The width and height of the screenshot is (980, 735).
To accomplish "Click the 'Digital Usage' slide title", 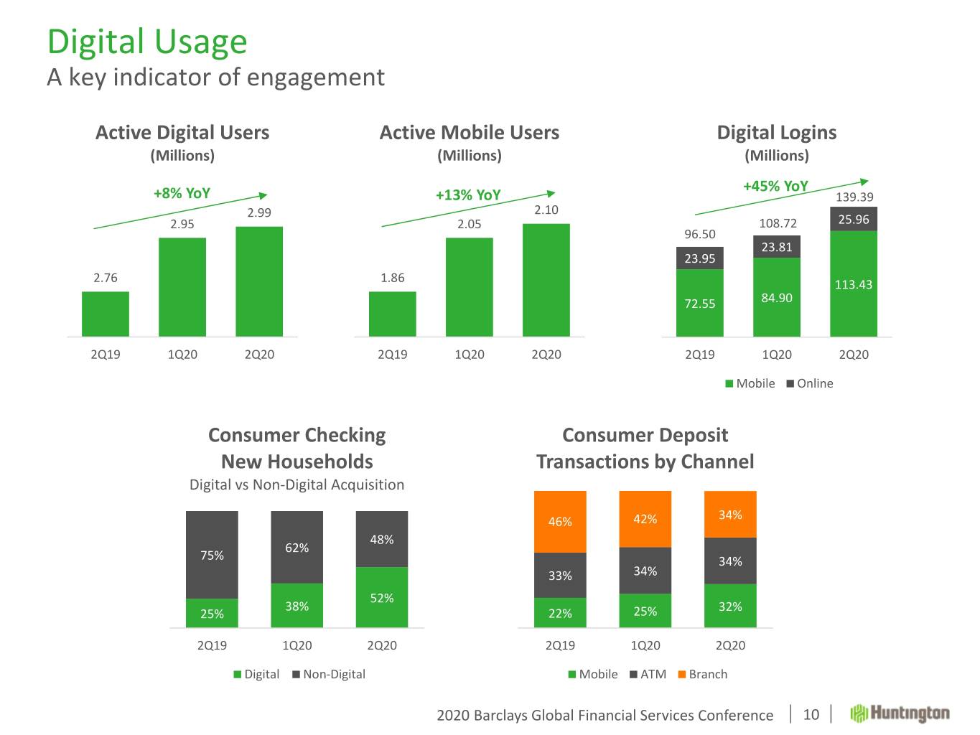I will point(147,42).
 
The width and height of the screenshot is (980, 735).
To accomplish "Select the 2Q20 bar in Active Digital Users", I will point(259,281).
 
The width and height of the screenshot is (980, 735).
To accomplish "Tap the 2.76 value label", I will point(106,278).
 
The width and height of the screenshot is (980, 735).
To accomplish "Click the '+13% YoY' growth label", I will point(468,195).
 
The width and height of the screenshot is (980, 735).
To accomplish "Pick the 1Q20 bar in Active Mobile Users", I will point(470,286).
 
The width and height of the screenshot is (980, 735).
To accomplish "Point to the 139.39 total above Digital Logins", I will point(854,197).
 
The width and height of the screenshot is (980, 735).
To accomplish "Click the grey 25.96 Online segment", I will point(854,220).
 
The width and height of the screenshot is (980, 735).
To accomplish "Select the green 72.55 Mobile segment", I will point(700,303).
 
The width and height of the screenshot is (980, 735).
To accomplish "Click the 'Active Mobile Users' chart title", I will point(470,133).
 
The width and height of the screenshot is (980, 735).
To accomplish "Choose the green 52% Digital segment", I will point(382,597).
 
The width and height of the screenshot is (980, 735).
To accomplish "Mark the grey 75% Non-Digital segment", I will point(212,555).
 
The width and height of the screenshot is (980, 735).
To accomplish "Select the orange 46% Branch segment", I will point(560,522).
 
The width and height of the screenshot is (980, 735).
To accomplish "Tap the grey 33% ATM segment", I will point(560,575).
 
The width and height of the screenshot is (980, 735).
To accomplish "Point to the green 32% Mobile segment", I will point(730,606).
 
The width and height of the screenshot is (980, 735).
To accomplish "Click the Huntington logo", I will point(900,713).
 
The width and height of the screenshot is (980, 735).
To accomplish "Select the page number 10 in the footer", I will point(811,714).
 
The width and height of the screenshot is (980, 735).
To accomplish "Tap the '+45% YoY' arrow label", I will point(775,187).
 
